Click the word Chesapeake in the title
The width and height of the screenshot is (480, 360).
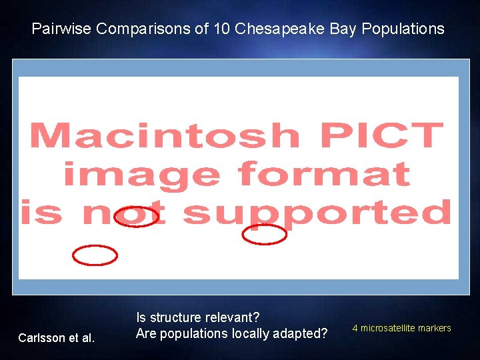(x=279, y=29)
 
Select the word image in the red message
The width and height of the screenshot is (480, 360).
(x=141, y=174)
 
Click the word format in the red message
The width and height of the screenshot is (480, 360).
(x=323, y=174)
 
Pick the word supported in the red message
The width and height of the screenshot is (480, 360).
(x=317, y=213)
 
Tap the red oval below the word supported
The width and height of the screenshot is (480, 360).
(x=265, y=235)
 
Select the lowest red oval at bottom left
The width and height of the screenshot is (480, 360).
(x=95, y=255)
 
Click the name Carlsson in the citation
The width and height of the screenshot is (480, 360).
(x=40, y=338)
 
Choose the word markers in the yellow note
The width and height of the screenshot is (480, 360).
(x=434, y=328)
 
